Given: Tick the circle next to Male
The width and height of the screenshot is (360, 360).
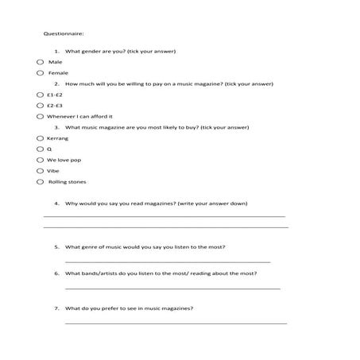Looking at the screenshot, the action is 40,61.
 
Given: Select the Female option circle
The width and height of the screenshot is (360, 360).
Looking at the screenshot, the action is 40,72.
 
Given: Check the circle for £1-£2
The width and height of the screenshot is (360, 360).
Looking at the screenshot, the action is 40,94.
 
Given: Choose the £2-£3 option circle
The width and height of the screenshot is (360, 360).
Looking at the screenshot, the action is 40,105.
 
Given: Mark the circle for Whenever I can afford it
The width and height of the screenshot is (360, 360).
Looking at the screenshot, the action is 40,116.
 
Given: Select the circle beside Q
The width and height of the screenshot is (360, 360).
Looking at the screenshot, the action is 40,149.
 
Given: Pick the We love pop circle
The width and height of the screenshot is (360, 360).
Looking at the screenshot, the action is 40,160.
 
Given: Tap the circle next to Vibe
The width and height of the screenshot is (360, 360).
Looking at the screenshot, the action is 40,170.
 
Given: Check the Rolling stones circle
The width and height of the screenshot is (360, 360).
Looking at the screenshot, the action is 40,182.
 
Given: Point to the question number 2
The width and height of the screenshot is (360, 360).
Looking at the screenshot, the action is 56,83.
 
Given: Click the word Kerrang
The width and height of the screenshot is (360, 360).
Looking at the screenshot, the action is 58,138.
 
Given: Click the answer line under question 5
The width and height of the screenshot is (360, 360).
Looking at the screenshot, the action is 167,261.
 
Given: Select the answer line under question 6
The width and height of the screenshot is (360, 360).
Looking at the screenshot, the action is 172,288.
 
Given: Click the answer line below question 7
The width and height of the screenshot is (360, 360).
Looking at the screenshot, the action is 175,323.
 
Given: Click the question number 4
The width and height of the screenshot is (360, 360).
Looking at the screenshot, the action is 56,203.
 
